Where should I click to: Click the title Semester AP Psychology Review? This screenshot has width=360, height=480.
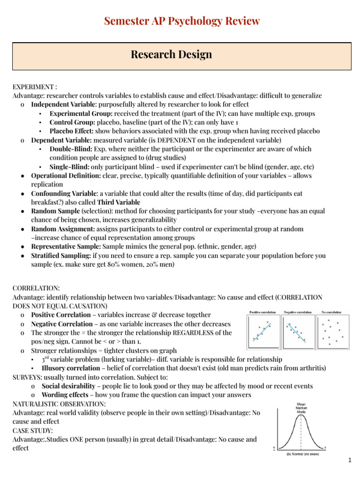pyautogui.click(x=182, y=21)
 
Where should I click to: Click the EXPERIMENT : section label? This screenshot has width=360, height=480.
pyautogui.click(x=35, y=87)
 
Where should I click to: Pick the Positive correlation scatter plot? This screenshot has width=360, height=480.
pyautogui.click(x=262, y=331)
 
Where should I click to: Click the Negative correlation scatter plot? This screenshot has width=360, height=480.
pyautogui.click(x=297, y=331)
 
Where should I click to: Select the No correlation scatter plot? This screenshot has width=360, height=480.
pyautogui.click(x=333, y=331)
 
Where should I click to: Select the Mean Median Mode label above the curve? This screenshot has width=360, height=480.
pyautogui.click(x=301, y=408)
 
